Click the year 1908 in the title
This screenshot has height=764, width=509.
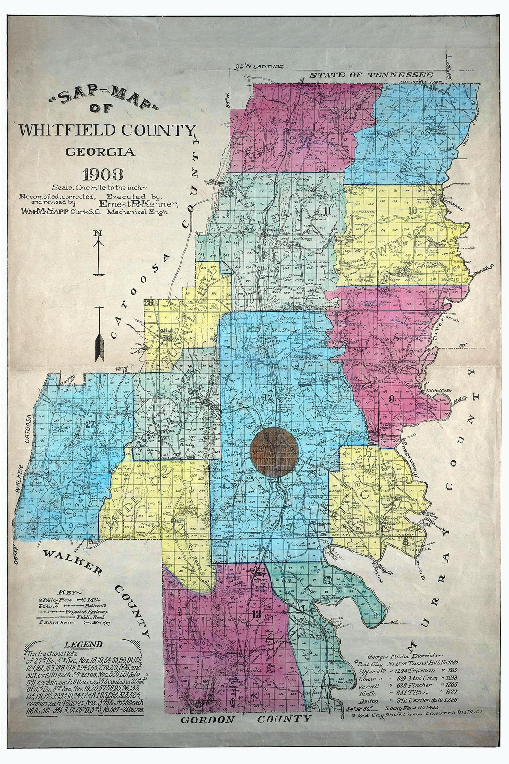coord(102,174)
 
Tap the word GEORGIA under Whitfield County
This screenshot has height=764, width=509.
coord(100,152)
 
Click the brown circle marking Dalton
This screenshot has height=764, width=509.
coord(275,453)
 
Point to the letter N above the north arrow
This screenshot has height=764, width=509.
coord(99,233)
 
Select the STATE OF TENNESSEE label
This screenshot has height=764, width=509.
coord(371,75)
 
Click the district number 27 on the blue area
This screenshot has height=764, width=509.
coord(90,424)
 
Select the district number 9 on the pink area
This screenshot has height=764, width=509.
coord(392,400)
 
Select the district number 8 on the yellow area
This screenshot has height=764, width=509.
coord(405,541)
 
